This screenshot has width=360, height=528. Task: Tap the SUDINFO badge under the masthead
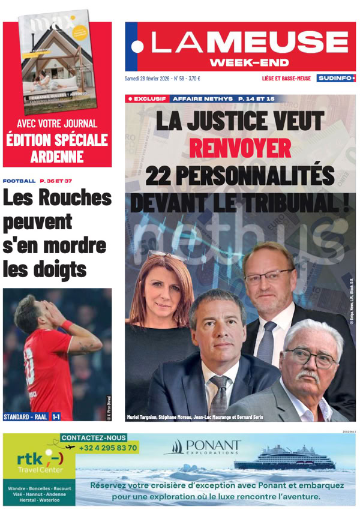(x=337, y=78)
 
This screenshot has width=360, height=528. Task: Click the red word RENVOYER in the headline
(x=239, y=148)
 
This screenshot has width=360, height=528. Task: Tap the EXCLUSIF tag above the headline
(x=146, y=98)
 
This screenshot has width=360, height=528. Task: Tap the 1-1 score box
(x=55, y=416)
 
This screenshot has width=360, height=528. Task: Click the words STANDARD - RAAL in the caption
(x=25, y=416)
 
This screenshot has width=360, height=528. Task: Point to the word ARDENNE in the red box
(x=58, y=158)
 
